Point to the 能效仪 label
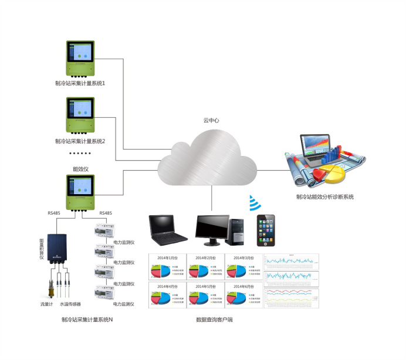point(80,168)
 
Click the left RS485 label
point(54,213)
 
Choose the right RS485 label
point(106,213)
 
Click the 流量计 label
point(47,304)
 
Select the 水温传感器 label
point(71,304)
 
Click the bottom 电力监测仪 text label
point(124,304)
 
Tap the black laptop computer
point(168,230)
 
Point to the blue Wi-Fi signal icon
point(254,203)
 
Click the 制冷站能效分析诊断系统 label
point(325,197)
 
